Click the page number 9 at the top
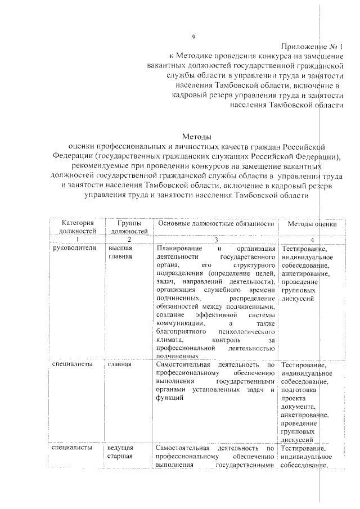193,37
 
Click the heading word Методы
196,137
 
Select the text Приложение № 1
313,47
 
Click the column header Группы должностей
129,227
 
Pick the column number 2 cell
129,239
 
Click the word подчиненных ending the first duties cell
177,356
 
